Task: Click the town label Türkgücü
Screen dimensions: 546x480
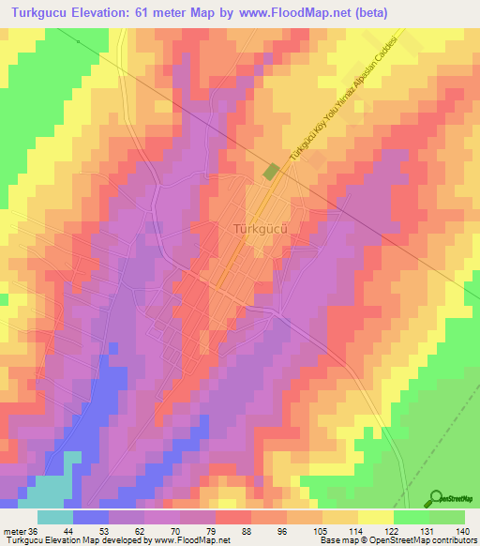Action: click(258, 228)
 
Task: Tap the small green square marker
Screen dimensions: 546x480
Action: click(272, 172)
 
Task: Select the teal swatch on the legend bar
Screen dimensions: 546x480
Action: click(55, 516)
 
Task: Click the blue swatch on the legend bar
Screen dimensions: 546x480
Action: click(91, 516)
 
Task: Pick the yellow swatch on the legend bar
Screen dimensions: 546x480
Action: click(375, 516)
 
